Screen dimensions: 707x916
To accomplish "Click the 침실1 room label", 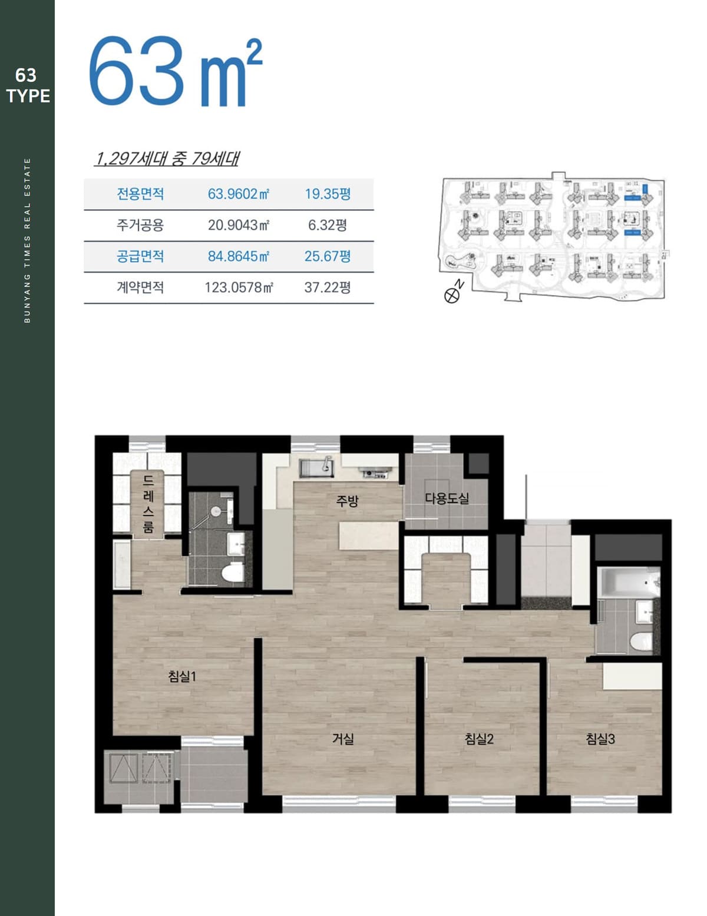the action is point(181,677).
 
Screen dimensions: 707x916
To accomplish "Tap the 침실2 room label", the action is point(479,739).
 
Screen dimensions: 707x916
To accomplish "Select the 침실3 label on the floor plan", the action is point(600,739).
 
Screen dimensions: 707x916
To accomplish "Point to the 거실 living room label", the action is point(343,739).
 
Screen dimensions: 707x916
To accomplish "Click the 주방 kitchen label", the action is point(347,501).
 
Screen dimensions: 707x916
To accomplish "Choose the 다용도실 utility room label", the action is point(447,498).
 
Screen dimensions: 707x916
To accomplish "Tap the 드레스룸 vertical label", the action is point(148,504).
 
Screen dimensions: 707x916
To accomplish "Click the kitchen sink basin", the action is point(316,468).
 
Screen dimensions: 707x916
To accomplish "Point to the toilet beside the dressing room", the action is point(233,574).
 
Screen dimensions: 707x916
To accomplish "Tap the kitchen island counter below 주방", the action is point(369,535).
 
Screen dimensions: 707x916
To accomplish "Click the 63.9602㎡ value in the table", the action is point(238,194).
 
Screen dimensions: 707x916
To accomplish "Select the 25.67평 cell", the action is point(328,256).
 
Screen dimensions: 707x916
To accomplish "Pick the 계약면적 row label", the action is point(140,287).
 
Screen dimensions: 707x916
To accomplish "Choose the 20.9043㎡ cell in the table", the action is point(238,225).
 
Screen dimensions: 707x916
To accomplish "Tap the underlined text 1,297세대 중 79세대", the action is point(167,158).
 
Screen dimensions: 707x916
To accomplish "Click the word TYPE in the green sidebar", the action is point(28,96).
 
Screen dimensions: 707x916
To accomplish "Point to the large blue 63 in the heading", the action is point(136,71).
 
